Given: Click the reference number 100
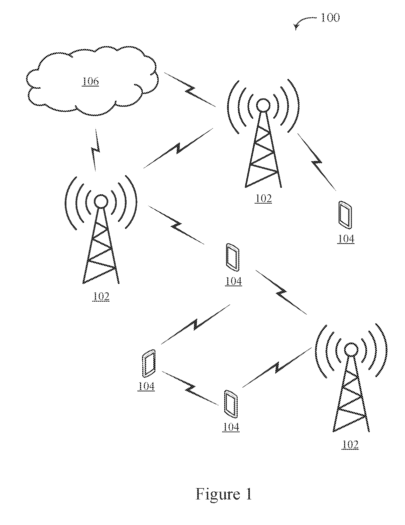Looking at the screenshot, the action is coord(330,18).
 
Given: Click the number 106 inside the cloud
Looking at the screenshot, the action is coord(91,81).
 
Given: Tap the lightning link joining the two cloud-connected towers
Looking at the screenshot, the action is coord(178,148).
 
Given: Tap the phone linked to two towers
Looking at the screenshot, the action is coord(233,257).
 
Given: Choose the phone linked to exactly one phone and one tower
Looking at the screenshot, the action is coord(231,404).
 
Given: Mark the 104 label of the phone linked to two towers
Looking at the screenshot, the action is coord(233,281).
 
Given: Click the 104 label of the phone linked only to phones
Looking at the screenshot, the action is coord(146,386).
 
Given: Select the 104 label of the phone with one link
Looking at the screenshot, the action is coord(346,239).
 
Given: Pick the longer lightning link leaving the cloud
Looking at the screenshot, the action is coord(190,90).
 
